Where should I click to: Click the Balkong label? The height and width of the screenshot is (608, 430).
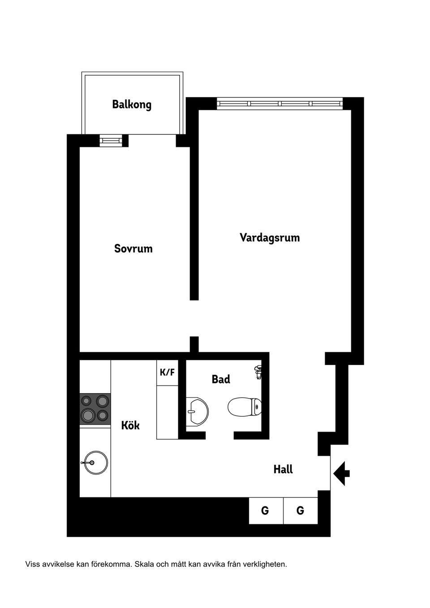pos(132,105)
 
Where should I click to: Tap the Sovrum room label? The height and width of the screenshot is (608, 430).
pos(133,248)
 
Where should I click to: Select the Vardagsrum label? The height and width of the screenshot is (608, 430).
pos(270,237)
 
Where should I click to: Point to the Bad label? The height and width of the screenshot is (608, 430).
pos(221,380)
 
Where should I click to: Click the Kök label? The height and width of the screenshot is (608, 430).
pos(130,425)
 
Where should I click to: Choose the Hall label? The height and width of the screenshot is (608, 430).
pos(283,469)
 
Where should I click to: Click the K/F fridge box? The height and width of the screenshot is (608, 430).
pos(167,372)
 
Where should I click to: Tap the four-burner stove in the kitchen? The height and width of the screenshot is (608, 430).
pos(95,409)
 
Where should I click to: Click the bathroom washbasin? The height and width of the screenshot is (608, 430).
pos(197,409)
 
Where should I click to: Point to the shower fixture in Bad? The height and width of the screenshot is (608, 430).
pos(258,372)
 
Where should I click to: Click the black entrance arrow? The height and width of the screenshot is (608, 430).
pos(341,472)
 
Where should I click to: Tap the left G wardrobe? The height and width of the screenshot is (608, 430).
pos(265,510)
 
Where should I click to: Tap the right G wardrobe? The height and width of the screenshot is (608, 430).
pos(300,510)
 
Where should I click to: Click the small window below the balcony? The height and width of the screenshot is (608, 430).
pos(110,141)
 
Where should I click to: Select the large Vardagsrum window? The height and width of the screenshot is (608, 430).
pos(280,104)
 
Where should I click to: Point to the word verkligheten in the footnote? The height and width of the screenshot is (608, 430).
pos(264,564)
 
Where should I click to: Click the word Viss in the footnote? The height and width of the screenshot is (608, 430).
pos(32,564)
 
